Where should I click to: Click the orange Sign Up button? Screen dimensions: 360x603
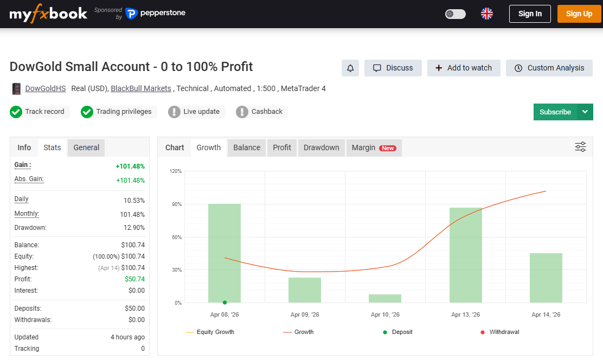(x=579, y=14)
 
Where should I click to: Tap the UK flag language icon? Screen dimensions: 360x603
(x=487, y=14)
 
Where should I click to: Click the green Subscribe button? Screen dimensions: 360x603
(x=555, y=112)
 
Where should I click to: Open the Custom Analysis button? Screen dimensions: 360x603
(x=549, y=68)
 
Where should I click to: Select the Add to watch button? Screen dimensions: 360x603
(x=464, y=68)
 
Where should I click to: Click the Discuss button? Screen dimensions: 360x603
(x=393, y=68)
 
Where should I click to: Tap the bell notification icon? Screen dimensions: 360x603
(x=350, y=68)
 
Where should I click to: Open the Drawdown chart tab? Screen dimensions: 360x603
(x=321, y=147)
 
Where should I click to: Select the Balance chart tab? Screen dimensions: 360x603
(x=247, y=147)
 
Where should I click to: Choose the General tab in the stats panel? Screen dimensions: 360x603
(x=86, y=147)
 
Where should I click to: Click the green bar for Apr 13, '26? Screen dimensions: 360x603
(x=465, y=255)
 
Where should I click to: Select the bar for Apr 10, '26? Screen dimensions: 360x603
(x=385, y=298)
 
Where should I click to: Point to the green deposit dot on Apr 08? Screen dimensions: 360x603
(x=224, y=303)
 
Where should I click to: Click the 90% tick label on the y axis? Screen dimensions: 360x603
(x=176, y=204)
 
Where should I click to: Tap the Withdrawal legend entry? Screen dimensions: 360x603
(x=504, y=332)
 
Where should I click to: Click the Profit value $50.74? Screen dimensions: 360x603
(x=134, y=279)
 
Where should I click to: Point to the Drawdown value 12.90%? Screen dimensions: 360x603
(x=134, y=228)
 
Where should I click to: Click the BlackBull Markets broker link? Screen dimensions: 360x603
(x=141, y=88)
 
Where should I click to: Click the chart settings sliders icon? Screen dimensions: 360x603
(x=580, y=147)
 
